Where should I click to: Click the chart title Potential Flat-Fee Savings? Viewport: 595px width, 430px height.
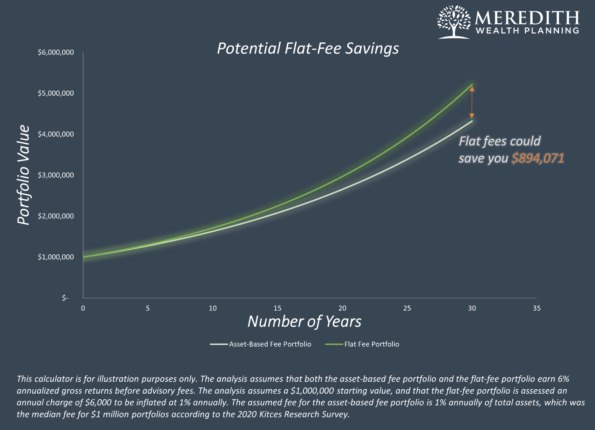[308, 49]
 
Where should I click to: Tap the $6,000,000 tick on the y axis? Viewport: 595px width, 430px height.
[56, 52]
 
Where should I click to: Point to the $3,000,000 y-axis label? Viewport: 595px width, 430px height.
[56, 175]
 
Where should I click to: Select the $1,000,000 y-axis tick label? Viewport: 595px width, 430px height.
[56, 257]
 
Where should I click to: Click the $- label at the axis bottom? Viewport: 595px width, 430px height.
[65, 298]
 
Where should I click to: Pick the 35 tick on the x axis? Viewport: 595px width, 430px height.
[537, 308]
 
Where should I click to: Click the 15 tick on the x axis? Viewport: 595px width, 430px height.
[277, 308]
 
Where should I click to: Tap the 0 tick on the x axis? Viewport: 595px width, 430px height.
[83, 308]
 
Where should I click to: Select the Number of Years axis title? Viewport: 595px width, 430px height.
[304, 321]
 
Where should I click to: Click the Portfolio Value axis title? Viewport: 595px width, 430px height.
[24, 175]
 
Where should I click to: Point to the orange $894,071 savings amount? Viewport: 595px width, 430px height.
[538, 158]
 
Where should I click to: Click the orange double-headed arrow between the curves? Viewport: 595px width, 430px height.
[472, 103]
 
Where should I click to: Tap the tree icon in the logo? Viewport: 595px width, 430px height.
[454, 22]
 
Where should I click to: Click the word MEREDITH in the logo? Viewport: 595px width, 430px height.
[527, 18]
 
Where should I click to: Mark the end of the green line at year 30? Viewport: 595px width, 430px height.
[472, 85]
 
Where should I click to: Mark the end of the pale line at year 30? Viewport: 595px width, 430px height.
[472, 121]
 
